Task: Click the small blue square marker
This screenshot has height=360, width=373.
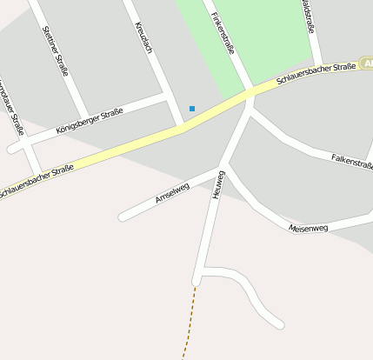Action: (x=192, y=109)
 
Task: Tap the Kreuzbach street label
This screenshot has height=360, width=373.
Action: (x=144, y=36)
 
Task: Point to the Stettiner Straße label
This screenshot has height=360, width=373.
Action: (x=56, y=50)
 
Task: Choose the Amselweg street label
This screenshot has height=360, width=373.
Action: (x=172, y=192)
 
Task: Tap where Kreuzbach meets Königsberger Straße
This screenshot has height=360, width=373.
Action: (x=167, y=97)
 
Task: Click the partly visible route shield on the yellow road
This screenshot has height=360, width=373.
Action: (x=366, y=65)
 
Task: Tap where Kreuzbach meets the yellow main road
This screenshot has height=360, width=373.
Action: (x=181, y=127)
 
